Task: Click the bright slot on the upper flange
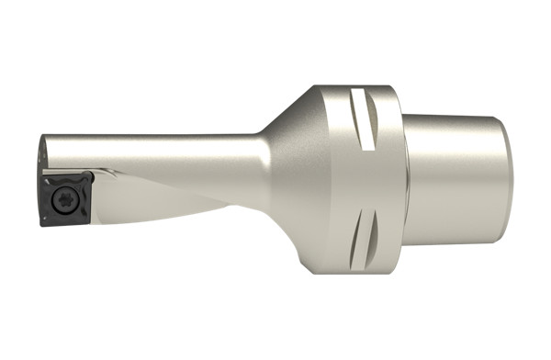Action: click(x=364, y=120)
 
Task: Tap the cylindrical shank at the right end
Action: click(x=455, y=180)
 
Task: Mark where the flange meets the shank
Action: click(x=405, y=180)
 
